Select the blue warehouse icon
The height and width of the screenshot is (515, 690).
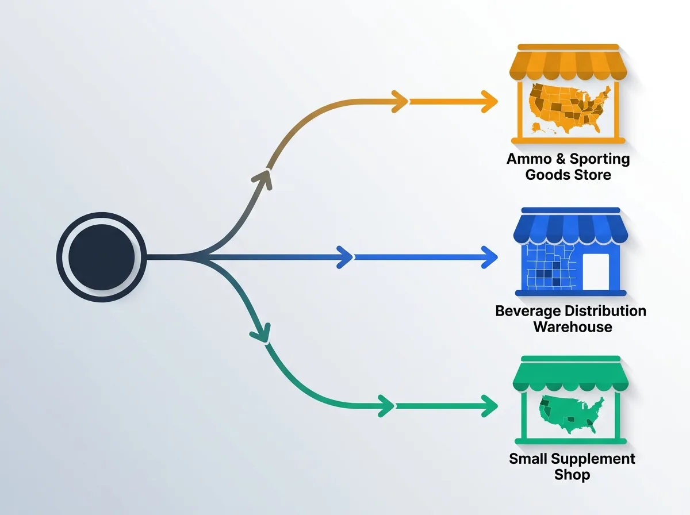click(570, 251)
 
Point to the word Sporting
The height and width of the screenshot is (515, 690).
click(600, 159)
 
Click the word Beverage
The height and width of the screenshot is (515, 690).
click(528, 312)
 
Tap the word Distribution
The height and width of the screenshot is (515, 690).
click(605, 312)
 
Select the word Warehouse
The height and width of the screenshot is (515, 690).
click(572, 328)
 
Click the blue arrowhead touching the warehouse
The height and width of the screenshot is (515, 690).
click(489, 256)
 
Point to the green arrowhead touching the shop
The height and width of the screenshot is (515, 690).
click(489, 406)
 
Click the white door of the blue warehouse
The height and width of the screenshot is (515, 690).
click(595, 271)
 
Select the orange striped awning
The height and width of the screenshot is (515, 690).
click(568, 64)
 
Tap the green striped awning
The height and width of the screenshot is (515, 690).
click(568, 376)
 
